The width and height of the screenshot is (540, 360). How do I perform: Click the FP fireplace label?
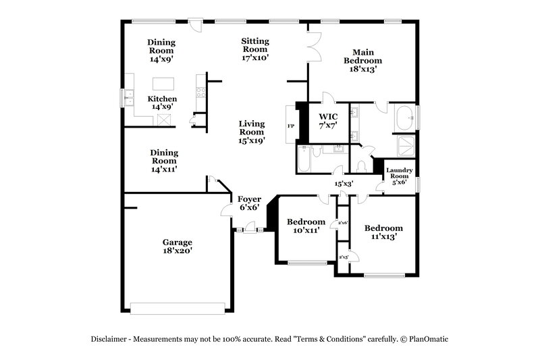[291, 126]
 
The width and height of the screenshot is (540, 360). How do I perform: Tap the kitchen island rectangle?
[163, 84]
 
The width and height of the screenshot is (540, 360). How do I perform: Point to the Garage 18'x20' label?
[177, 247]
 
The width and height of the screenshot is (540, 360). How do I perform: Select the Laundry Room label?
[399, 176]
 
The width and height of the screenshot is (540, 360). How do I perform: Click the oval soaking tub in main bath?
[406, 117]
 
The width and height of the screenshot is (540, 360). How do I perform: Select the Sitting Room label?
[255, 49]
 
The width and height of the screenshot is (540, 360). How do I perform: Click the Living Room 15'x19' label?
[251, 132]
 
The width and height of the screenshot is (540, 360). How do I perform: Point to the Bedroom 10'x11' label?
[306, 226]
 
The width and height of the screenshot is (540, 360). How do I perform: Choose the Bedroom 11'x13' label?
[383, 232]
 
